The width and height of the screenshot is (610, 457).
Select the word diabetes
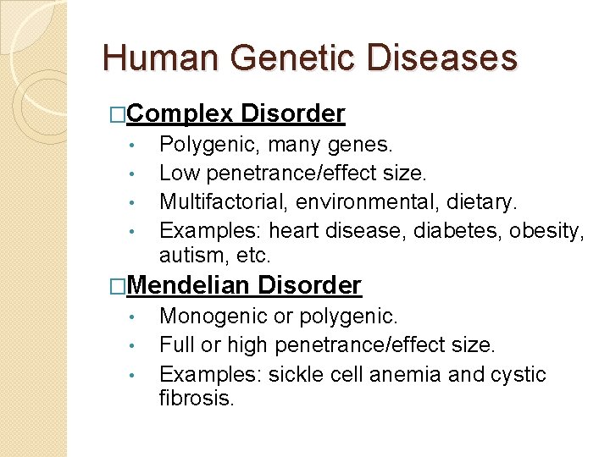pyautogui.click(x=457, y=231)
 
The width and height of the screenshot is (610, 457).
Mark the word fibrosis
pyautogui.click(x=196, y=397)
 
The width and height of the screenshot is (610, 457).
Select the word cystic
pyautogui.click(x=519, y=374)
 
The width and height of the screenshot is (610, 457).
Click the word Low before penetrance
pyautogui.click(x=179, y=173)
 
